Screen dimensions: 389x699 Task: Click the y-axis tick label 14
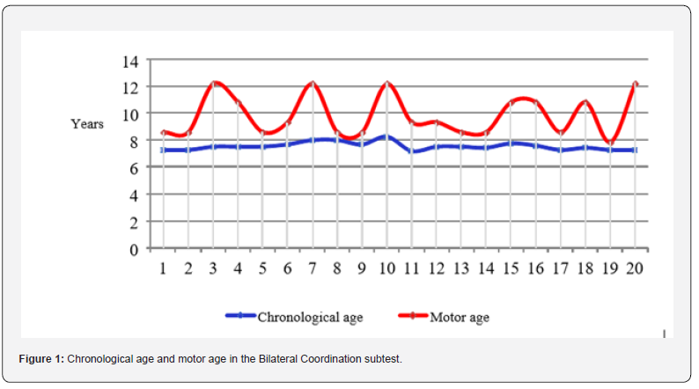pyautogui.click(x=130, y=61)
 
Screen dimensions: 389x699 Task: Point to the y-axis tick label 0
pyautogui.click(x=135, y=249)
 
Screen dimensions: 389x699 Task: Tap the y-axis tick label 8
pyautogui.click(x=135, y=141)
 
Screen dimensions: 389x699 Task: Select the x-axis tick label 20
pyautogui.click(x=634, y=268)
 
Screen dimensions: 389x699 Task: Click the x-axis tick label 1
pyautogui.click(x=163, y=268)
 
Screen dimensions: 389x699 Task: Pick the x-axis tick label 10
pyautogui.click(x=386, y=268)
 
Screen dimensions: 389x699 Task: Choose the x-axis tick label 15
pyautogui.click(x=511, y=268)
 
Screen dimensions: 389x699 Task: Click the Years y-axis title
pyautogui.click(x=87, y=124)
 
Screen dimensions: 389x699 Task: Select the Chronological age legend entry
pyautogui.click(x=307, y=317)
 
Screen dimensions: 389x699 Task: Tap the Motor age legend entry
pyautogui.click(x=458, y=317)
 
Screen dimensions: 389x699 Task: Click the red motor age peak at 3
pyautogui.click(x=214, y=83)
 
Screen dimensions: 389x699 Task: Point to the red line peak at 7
pyautogui.click(x=313, y=83)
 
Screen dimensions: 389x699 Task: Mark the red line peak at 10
pyautogui.click(x=387, y=83)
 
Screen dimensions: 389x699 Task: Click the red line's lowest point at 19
pyautogui.click(x=609, y=143)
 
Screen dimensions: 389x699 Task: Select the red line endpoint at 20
pyautogui.click(x=635, y=84)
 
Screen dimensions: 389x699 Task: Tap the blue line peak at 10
pyautogui.click(x=387, y=136)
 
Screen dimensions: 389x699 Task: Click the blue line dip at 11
pyautogui.click(x=412, y=151)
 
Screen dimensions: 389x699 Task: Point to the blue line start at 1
pyautogui.click(x=164, y=150)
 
